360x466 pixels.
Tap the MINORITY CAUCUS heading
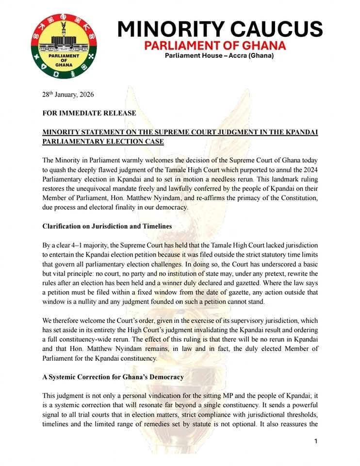click(220, 29)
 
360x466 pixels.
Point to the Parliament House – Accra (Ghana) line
click(219, 56)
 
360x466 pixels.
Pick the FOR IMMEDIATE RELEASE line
click(89, 114)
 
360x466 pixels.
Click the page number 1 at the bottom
click(316, 441)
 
